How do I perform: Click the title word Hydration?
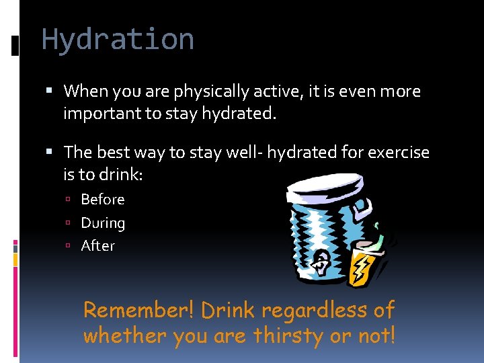tap(118, 40)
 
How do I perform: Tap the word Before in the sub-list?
tap(103, 200)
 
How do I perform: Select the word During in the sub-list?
tap(103, 223)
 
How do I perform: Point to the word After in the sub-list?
tap(97, 246)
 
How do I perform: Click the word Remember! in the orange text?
tap(138, 311)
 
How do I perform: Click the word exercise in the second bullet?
tap(396, 153)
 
